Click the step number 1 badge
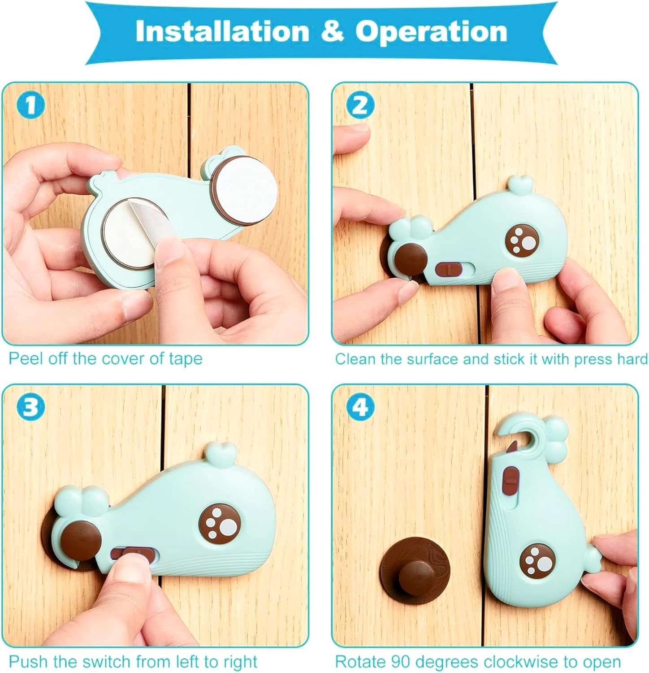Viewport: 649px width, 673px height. pos(30,105)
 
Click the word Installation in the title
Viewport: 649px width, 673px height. pos(222,31)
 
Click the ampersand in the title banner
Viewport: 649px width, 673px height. pos(333,31)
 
